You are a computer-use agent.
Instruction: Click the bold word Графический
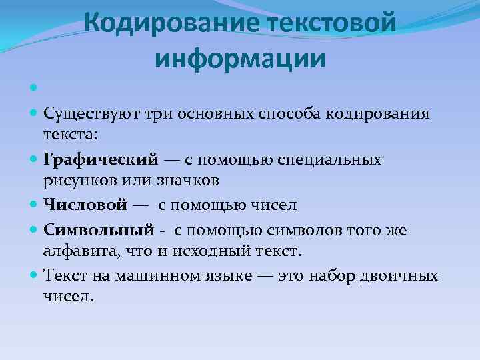click(101, 160)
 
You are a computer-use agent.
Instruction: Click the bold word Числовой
click(85, 205)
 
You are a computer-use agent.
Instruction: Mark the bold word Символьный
click(99, 230)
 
